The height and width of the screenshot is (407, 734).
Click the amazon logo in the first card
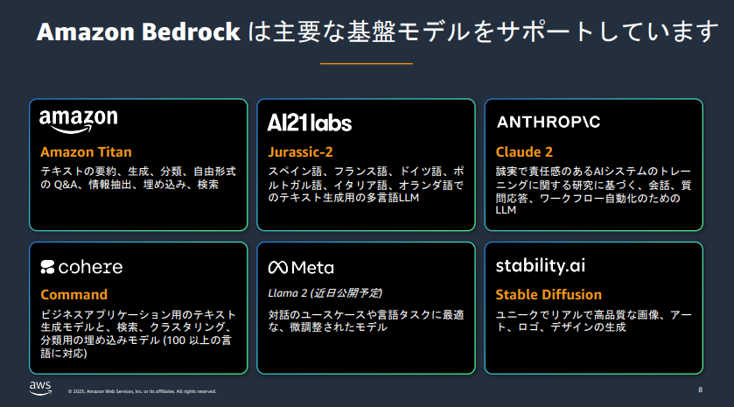click(79, 122)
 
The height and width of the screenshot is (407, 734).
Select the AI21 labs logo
click(310, 123)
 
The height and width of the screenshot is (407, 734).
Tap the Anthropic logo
click(549, 122)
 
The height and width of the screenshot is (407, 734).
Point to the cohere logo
click(81, 267)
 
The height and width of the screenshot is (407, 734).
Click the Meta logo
click(301, 268)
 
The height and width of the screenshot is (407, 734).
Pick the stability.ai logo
click(540, 265)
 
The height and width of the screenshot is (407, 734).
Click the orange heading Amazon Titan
click(86, 152)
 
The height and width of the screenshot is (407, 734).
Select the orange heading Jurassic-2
click(301, 152)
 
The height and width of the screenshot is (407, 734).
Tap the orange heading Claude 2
click(524, 152)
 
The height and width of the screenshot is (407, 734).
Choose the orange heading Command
click(74, 295)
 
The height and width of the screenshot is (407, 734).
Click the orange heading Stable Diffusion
click(549, 295)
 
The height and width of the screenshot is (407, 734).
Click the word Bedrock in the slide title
click(191, 32)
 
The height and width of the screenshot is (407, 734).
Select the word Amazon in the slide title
click(86, 32)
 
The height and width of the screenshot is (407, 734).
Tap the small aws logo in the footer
click(40, 389)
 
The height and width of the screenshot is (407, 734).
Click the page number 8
click(700, 389)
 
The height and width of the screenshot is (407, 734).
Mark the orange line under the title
click(367, 63)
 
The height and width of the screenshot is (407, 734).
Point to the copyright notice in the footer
click(142, 391)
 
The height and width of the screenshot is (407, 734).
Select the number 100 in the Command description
click(176, 340)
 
